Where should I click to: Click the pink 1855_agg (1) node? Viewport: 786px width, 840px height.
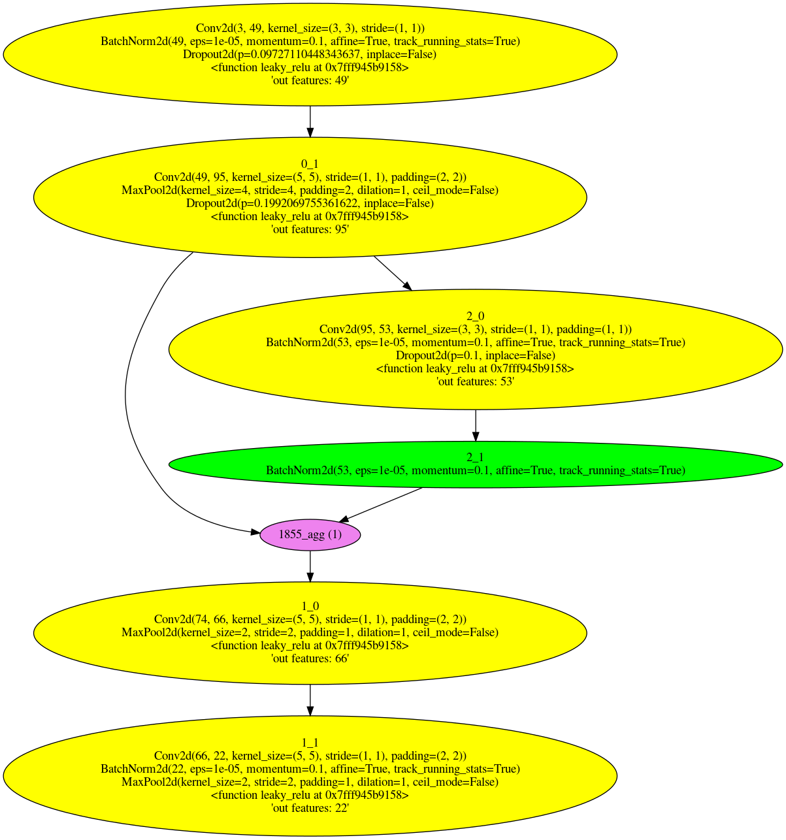click(310, 534)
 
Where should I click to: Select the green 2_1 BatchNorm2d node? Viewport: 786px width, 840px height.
click(475, 464)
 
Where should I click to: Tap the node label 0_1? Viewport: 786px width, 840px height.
click(310, 164)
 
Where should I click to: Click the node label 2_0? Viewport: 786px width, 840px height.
click(475, 316)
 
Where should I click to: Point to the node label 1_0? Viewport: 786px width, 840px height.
click(310, 606)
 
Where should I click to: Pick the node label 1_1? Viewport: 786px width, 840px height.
click(310, 742)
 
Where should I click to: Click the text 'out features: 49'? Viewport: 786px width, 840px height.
click(310, 80)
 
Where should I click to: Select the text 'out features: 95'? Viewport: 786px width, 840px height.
click(310, 229)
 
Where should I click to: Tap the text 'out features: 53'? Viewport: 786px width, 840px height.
click(475, 381)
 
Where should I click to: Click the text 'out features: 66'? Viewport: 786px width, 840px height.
click(310, 658)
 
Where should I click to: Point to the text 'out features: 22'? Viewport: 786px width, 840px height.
click(310, 808)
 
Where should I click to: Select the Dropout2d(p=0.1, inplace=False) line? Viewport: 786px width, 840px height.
click(475, 355)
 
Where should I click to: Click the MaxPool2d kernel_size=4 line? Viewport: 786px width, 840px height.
click(310, 190)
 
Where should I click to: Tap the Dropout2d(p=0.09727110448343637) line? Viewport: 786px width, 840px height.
click(310, 54)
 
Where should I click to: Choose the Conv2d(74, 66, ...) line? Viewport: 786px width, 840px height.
click(310, 619)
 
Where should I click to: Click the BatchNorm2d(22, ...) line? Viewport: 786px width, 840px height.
click(310, 769)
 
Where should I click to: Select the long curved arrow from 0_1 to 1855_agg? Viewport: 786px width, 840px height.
click(127, 392)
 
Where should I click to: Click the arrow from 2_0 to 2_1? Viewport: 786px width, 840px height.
click(475, 426)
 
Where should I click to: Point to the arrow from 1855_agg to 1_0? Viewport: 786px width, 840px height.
click(310, 566)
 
